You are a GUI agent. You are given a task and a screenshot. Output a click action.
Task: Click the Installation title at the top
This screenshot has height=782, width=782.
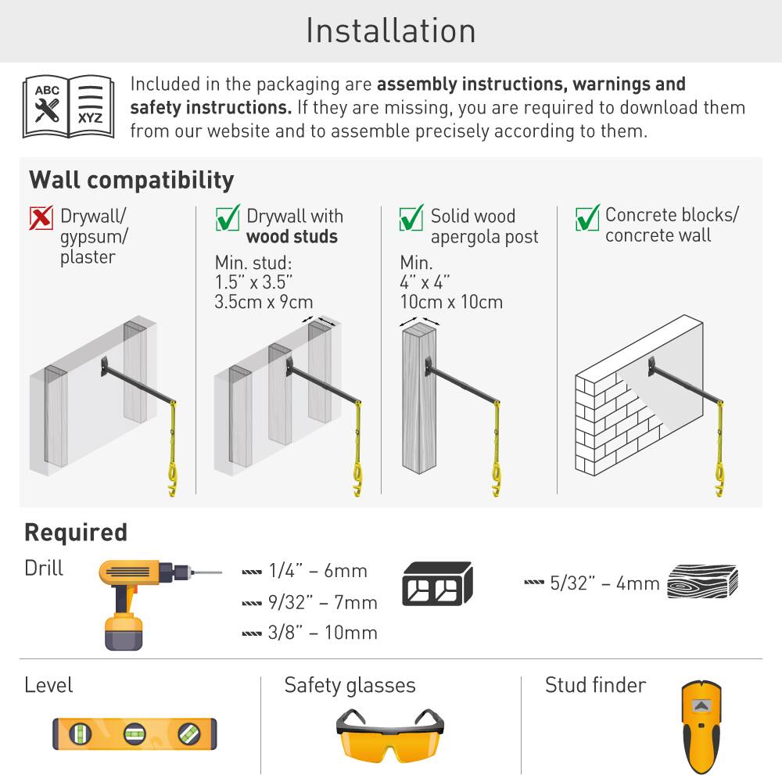click(390, 31)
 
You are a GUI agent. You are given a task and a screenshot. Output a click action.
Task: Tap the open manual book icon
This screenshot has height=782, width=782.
click(68, 107)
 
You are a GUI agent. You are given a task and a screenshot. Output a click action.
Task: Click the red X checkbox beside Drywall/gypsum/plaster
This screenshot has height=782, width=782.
click(41, 218)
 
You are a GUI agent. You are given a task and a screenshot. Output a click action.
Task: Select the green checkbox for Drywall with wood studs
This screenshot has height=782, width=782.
click(227, 218)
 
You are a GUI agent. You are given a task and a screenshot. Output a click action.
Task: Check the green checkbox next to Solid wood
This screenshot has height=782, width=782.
click(411, 218)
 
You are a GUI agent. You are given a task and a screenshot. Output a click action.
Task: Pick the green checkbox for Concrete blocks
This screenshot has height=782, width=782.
click(586, 217)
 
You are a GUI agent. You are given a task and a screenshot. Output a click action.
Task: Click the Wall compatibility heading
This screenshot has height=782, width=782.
click(131, 180)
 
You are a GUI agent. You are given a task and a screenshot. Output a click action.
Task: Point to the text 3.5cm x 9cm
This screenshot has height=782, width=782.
click(264, 302)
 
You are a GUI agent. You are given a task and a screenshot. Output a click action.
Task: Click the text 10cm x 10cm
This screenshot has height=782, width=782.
click(451, 302)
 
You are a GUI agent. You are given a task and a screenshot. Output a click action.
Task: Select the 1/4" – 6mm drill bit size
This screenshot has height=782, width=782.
click(317, 571)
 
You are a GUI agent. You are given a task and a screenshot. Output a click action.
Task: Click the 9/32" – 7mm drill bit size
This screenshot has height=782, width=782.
click(322, 602)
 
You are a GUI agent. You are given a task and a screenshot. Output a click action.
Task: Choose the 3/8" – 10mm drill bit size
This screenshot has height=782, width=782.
click(322, 633)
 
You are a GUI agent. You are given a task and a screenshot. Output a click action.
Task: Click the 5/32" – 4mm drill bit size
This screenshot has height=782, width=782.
click(604, 583)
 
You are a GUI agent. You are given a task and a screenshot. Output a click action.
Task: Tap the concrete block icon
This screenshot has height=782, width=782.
click(437, 584)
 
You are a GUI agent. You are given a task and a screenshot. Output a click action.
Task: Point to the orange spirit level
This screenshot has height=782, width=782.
click(135, 734)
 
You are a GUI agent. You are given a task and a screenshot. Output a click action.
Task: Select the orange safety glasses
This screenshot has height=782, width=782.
click(389, 735)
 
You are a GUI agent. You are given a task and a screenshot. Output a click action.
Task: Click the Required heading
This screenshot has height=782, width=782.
click(76, 533)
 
